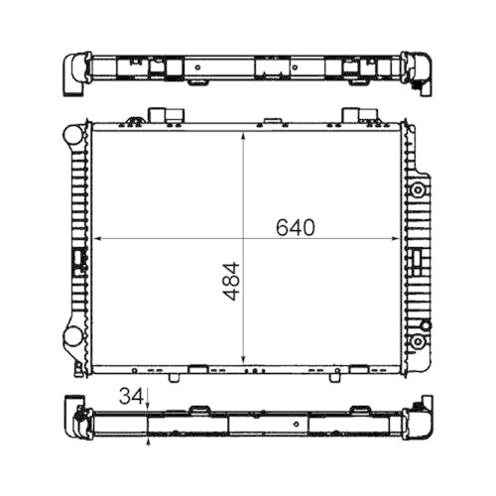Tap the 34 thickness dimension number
[129, 397]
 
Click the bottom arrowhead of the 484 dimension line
[245, 361]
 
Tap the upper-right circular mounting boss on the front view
[418, 188]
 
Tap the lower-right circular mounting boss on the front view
[418, 342]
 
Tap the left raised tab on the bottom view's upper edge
[198, 408]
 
